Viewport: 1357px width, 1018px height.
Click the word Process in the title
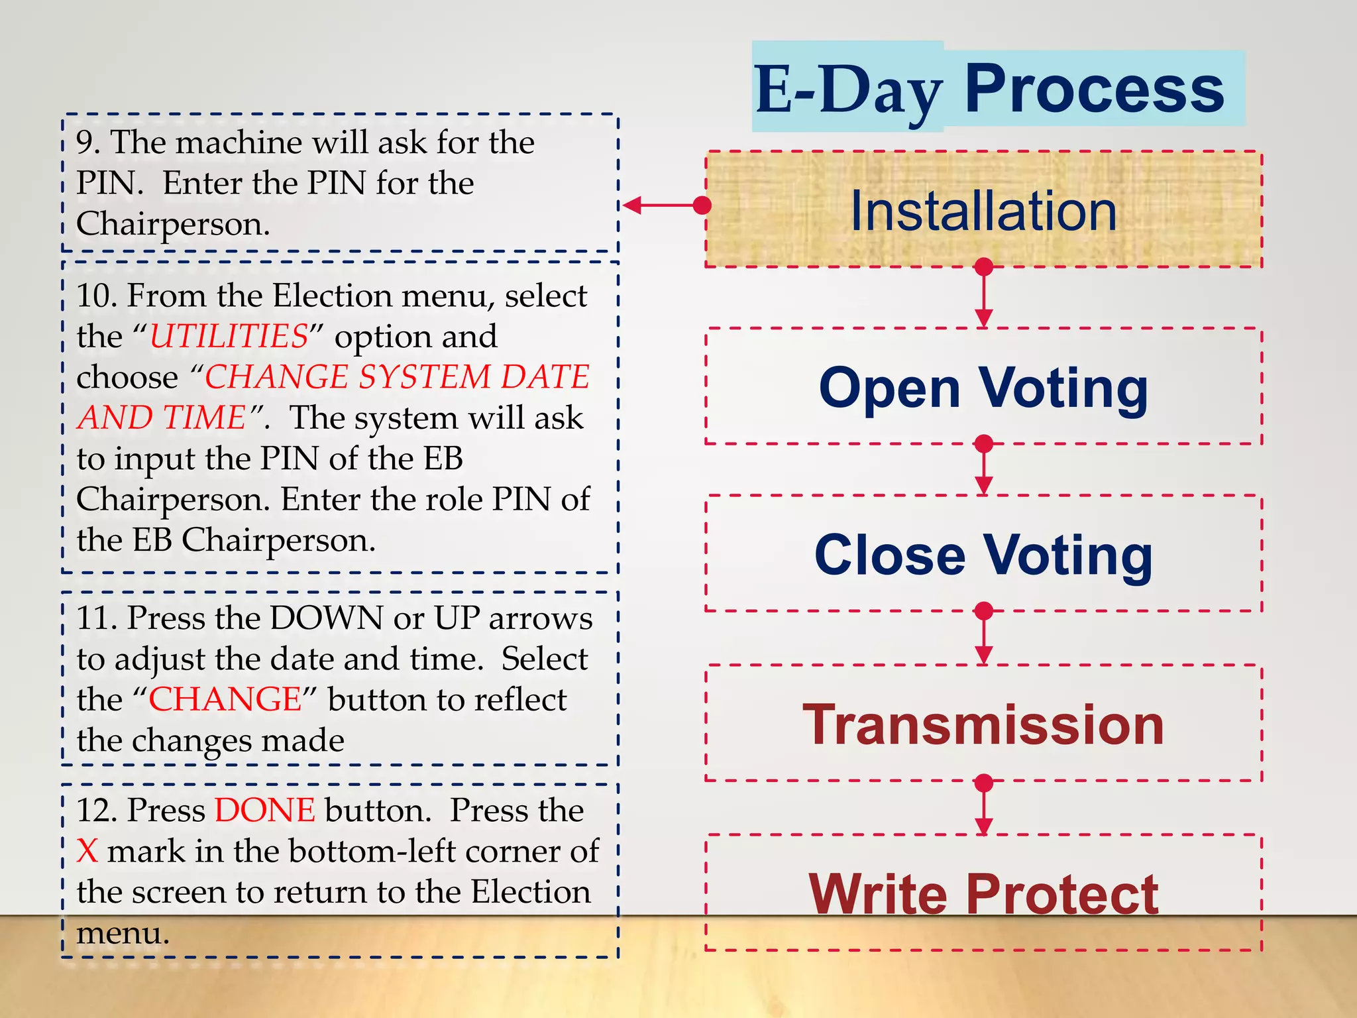pos(1093,89)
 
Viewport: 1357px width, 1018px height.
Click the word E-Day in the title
pos(848,89)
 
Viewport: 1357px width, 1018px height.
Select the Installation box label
pos(983,211)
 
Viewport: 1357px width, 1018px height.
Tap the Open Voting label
pos(983,388)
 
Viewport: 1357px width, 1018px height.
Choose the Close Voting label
pos(983,555)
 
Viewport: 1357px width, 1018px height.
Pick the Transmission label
pos(983,725)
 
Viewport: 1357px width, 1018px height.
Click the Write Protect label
pos(983,893)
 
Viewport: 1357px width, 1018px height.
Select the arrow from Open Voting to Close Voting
pos(984,468)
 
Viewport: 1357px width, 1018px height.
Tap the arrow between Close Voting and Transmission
pos(984,636)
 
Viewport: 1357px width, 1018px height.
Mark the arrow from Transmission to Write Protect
pos(984,807)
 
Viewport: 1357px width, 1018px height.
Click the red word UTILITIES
pos(229,337)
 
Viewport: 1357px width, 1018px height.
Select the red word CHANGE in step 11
pos(225,700)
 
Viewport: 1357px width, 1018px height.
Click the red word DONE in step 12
pos(264,811)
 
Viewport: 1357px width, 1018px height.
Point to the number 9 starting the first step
pos(84,143)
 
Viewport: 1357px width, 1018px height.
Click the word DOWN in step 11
pos(326,618)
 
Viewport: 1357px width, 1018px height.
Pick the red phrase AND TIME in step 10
pos(162,418)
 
